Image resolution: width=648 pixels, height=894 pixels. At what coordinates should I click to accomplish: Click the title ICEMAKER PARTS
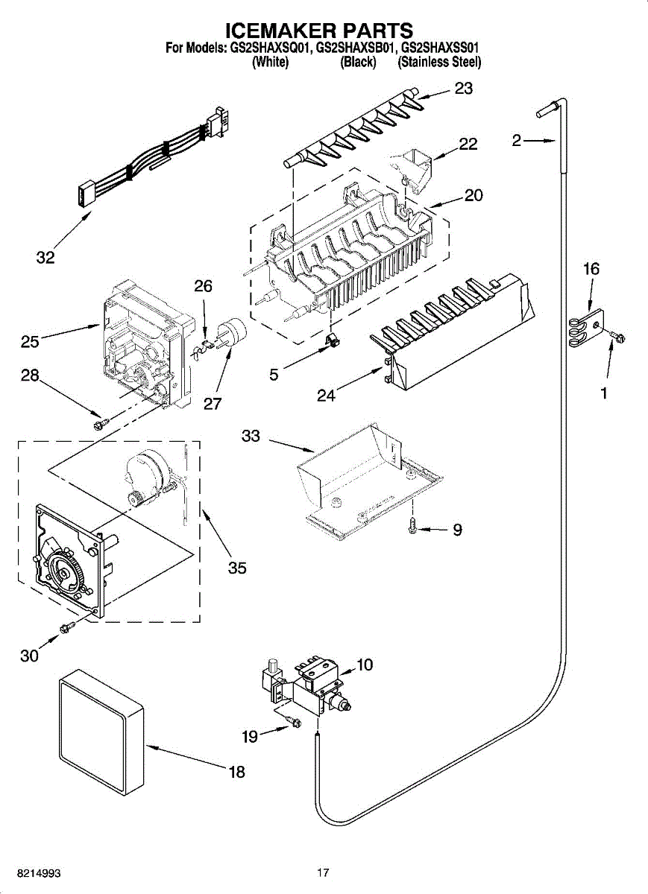(x=319, y=31)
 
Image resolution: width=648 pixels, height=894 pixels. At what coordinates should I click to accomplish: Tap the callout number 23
(x=464, y=89)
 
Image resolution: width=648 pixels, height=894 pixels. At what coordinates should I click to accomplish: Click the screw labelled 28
(x=98, y=423)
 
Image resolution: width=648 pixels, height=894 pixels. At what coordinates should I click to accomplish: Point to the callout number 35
(x=237, y=568)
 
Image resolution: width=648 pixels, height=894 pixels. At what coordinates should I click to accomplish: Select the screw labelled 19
(x=295, y=720)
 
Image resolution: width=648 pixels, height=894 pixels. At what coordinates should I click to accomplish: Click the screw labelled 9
(x=412, y=527)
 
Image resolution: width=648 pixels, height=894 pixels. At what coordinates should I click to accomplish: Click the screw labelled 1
(x=617, y=337)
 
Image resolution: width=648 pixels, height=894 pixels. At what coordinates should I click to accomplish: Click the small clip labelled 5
(x=332, y=341)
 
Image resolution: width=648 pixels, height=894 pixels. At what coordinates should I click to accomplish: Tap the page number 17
(x=322, y=872)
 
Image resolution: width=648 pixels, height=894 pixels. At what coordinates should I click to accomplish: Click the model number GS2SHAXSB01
(x=356, y=48)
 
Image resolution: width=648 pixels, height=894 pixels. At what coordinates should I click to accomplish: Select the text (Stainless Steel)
(x=439, y=63)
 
